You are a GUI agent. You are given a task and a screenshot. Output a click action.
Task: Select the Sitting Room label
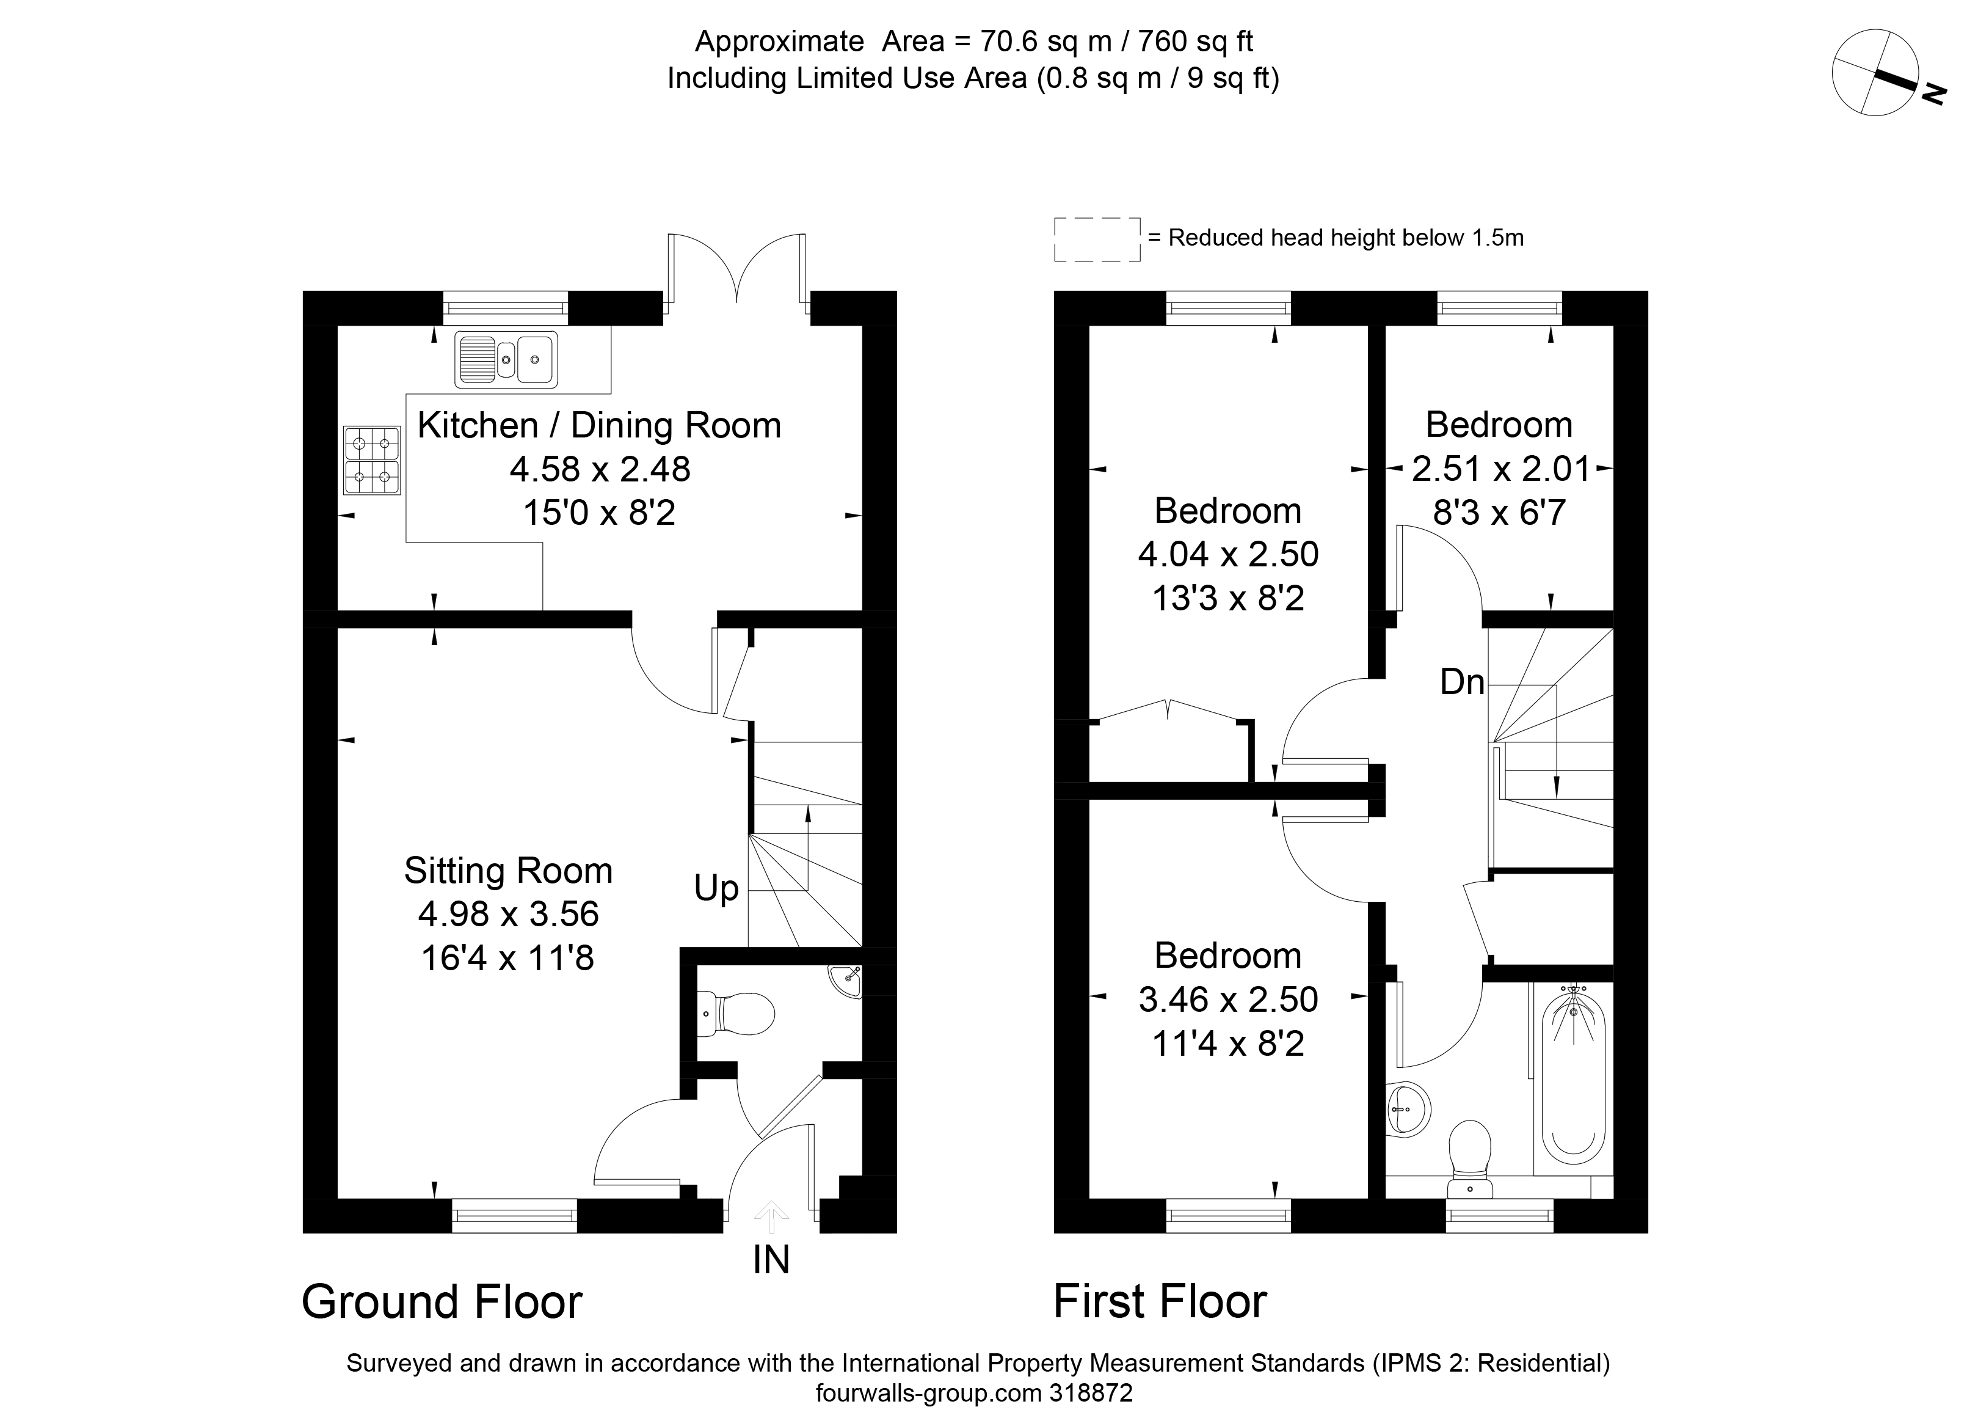point(508,870)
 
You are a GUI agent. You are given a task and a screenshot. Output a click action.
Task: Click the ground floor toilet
point(735,1014)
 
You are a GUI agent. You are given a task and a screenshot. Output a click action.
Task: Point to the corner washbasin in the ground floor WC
point(846,981)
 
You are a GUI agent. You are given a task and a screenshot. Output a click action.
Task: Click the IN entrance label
point(771,1260)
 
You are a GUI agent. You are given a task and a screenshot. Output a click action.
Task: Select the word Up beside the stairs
point(716,888)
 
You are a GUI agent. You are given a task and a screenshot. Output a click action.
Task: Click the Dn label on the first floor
point(1462,682)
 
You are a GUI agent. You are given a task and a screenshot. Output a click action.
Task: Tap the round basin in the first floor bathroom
point(1407,1108)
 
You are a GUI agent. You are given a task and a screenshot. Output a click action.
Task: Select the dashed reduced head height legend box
point(1097,239)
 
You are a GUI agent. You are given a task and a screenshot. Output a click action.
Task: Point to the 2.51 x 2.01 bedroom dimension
point(1501,469)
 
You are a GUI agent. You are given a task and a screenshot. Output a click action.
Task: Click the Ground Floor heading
point(442,1301)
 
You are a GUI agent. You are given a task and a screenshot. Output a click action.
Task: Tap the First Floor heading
point(1160,1301)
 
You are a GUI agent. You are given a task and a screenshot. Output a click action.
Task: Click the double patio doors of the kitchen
point(737,270)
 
